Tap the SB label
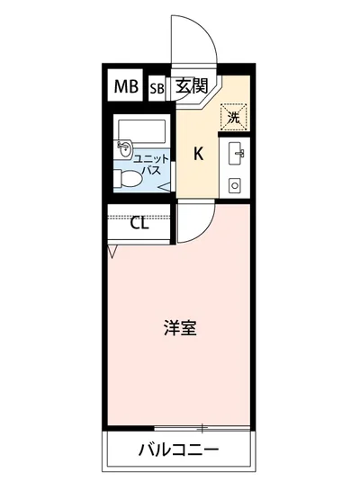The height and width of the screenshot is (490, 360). click(156, 88)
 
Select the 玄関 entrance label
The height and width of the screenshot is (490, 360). click(191, 86)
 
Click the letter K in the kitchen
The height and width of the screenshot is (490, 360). click(198, 153)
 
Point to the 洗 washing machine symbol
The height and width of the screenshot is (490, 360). click(233, 115)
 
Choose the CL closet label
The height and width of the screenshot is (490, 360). click(139, 224)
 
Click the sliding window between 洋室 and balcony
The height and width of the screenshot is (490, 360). click(180, 426)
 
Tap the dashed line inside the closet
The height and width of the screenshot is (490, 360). click(139, 210)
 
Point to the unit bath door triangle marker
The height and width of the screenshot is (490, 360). click(168, 185)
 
